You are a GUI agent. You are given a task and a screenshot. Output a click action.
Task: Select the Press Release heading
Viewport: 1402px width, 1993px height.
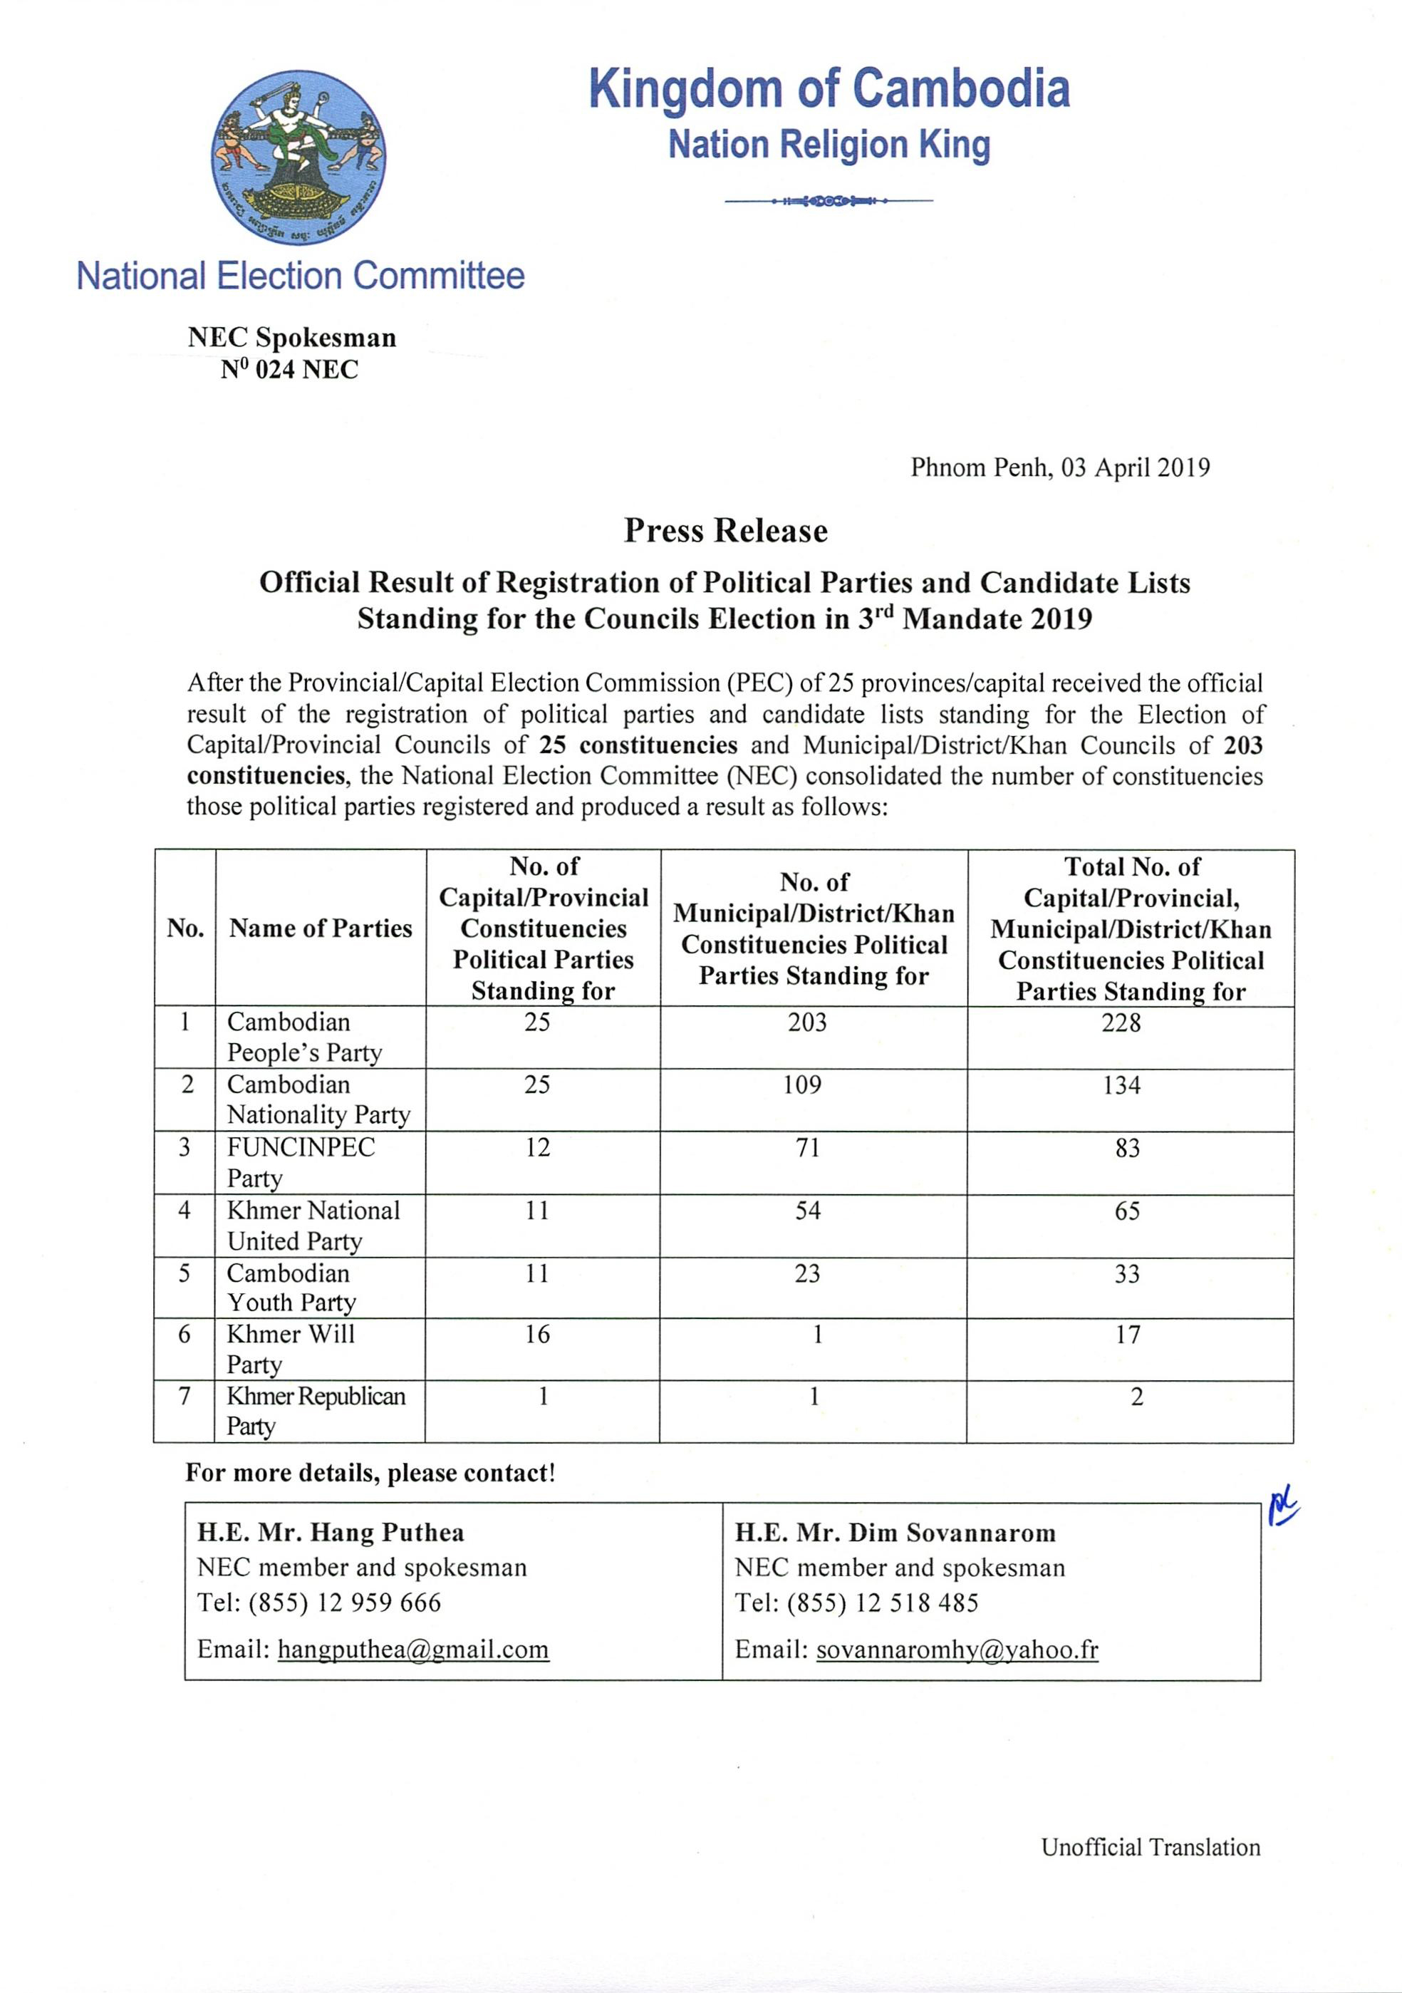(726, 530)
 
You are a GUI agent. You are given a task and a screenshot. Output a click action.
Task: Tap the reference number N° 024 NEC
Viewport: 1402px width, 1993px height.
(289, 370)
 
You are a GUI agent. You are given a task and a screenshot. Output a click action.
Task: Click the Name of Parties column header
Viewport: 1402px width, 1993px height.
(321, 928)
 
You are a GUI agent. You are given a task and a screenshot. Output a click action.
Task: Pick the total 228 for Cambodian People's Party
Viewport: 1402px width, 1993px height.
(1121, 1023)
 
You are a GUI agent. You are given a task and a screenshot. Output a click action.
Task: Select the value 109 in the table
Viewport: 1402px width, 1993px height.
(802, 1085)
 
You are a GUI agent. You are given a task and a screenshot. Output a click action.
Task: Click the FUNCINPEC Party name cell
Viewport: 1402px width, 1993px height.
(301, 1162)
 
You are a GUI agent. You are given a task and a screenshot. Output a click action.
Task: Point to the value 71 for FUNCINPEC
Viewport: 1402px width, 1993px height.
(807, 1147)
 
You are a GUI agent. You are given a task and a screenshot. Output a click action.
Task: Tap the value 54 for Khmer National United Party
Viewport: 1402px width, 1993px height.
(807, 1211)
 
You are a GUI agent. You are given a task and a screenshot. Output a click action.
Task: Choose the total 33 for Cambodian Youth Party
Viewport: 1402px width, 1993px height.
(1127, 1274)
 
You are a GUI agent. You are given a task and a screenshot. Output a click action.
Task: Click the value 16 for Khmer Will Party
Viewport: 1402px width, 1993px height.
(537, 1334)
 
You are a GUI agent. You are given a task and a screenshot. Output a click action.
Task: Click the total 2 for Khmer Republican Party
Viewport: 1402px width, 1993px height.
(1136, 1397)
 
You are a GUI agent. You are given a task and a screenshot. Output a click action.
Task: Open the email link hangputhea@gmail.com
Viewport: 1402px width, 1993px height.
(413, 1650)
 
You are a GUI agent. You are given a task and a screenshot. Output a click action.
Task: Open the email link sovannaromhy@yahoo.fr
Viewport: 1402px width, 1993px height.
(957, 1650)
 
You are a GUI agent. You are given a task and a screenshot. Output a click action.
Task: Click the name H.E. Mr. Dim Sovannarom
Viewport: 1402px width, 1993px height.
(895, 1533)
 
